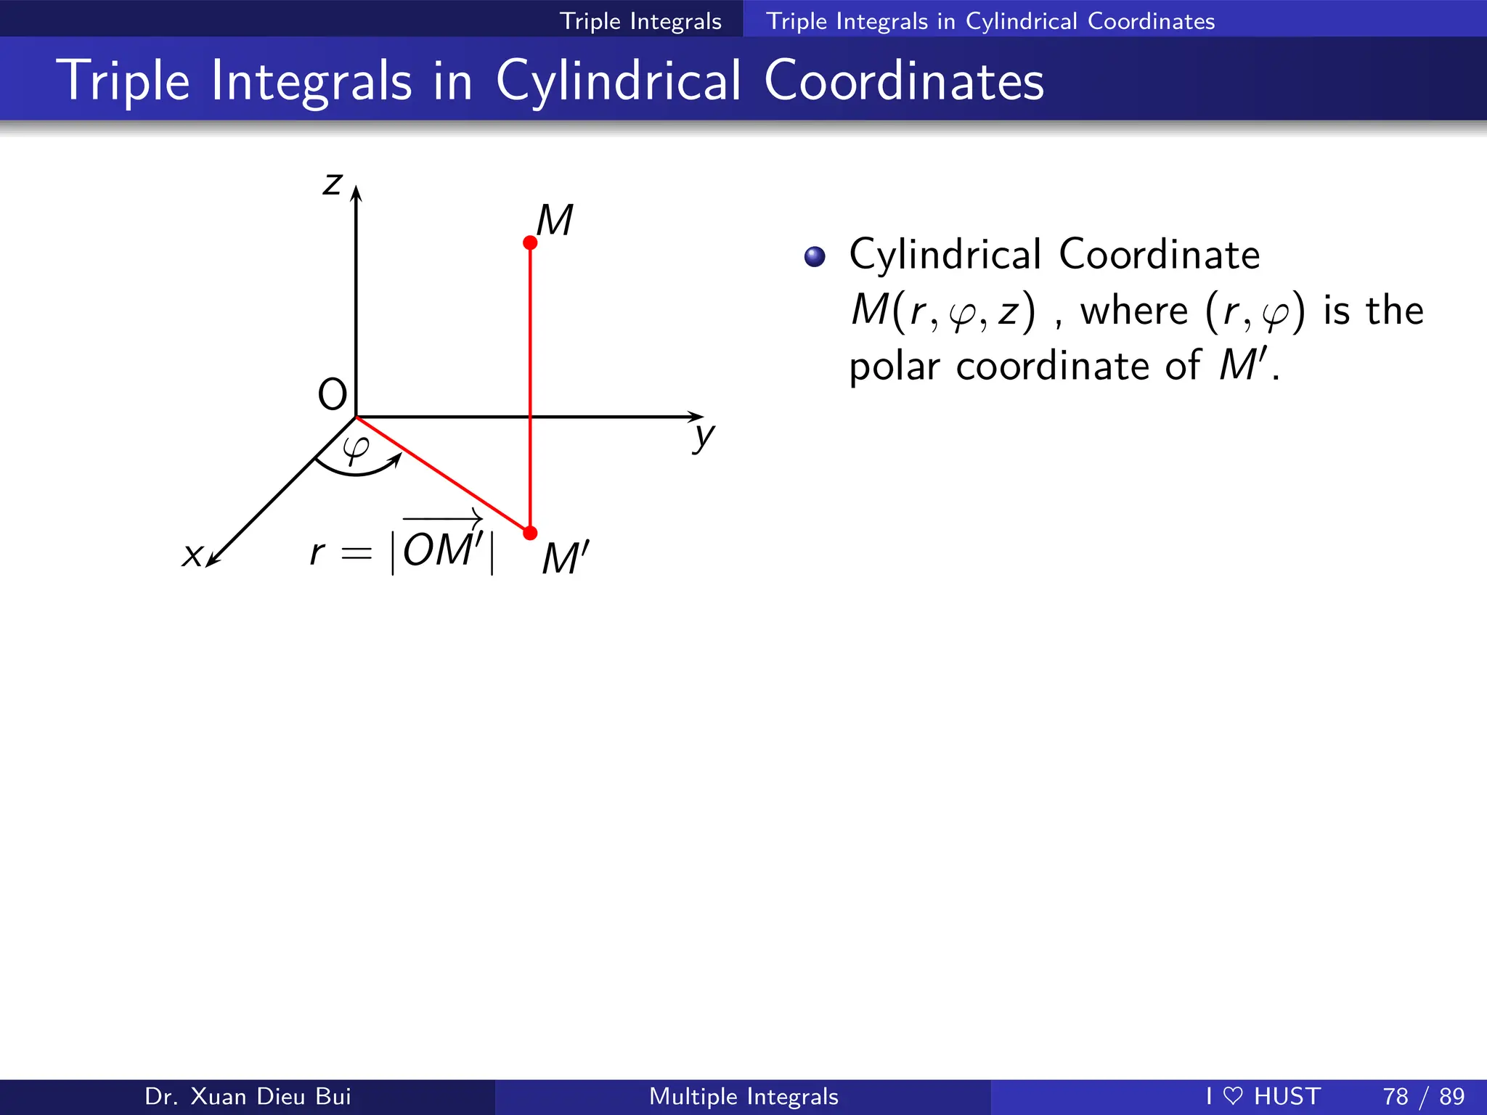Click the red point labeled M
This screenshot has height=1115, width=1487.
coord(530,242)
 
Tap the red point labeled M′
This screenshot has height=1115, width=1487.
coord(530,534)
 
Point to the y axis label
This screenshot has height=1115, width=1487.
coord(704,436)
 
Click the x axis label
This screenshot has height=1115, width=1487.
coord(192,555)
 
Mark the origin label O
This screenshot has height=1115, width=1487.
coord(333,395)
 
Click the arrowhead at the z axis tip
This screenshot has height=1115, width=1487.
coord(356,192)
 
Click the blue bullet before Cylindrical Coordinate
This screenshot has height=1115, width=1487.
coord(815,257)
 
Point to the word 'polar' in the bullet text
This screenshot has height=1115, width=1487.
coord(895,366)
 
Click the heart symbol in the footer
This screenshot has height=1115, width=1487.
coord(1232,1095)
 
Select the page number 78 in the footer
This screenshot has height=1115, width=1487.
coord(1396,1096)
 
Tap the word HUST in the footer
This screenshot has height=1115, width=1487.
coord(1287,1096)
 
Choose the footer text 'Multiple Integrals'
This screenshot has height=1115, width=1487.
coord(743,1096)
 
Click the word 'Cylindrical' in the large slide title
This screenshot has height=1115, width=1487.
coord(619,81)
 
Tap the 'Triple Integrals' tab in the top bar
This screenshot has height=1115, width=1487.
coord(640,21)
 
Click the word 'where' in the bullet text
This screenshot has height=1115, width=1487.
coord(1134,311)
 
